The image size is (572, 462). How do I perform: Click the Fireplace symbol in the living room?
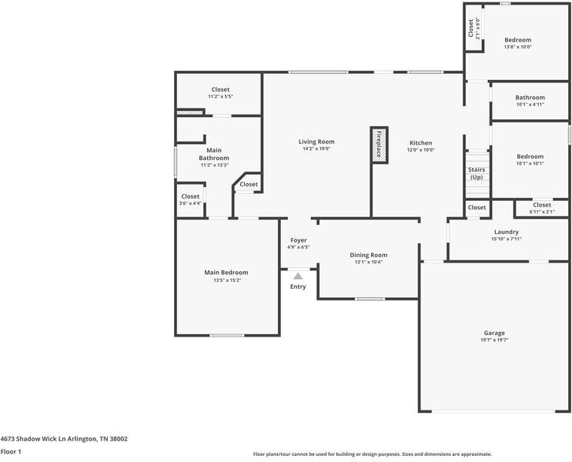(378, 143)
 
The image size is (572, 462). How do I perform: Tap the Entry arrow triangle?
(298, 276)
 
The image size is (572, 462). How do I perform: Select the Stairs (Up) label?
(477, 173)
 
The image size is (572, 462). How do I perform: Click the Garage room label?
(494, 333)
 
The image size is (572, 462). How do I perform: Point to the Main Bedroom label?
(226, 272)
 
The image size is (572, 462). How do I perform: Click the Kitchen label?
(420, 142)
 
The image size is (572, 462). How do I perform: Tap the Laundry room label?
(507, 231)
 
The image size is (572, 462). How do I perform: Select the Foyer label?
(298, 240)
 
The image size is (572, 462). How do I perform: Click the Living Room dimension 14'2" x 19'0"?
(316, 149)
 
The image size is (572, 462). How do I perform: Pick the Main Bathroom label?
(215, 153)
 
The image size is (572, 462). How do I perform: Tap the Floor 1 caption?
(10, 452)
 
